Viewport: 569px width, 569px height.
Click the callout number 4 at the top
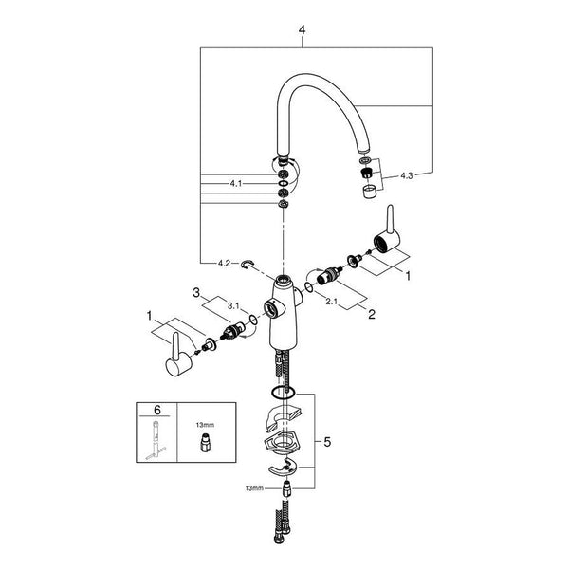302,29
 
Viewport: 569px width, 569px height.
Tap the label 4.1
236,184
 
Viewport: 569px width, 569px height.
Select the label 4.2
224,263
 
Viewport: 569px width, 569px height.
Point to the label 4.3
407,175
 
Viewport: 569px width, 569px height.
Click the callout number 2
372,314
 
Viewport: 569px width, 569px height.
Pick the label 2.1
332,302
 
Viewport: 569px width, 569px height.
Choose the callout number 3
196,292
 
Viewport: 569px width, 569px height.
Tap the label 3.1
233,306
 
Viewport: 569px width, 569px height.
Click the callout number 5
327,442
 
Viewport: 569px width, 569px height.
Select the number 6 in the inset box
157,410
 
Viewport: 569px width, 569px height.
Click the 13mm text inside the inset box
205,425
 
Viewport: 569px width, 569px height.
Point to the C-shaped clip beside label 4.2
248,265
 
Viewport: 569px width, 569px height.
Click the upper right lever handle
387,231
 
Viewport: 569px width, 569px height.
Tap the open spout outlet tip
364,150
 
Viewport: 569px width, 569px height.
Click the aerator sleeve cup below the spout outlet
369,192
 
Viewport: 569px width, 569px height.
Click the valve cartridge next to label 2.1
329,276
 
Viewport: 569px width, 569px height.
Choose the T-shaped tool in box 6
156,441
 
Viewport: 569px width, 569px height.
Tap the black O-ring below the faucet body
283,392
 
